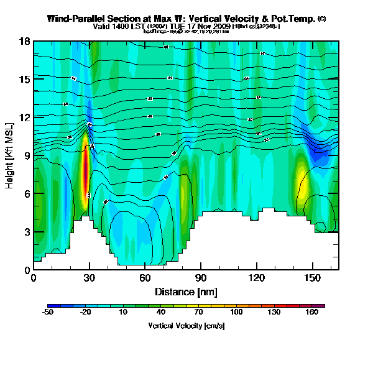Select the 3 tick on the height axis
27,232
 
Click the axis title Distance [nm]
186,291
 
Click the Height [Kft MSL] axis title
10,155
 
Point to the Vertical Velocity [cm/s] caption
186,326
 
